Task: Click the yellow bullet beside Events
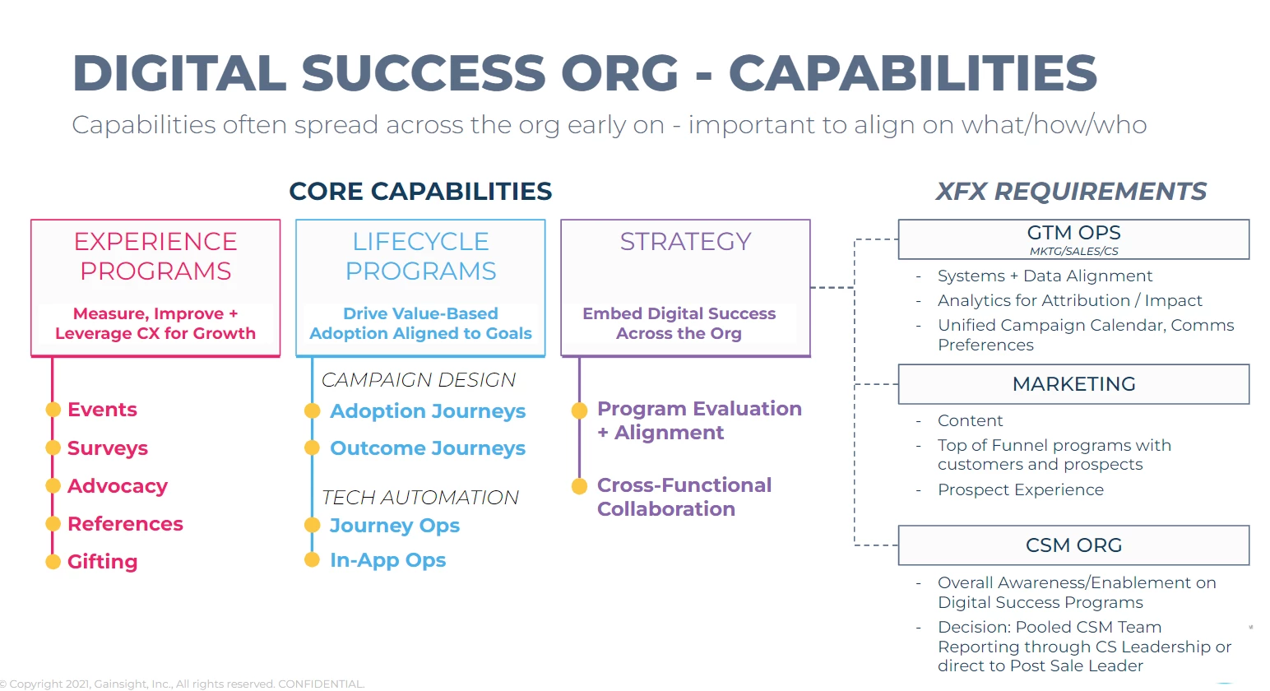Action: coord(53,410)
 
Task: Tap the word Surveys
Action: coord(107,448)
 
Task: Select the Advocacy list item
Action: coord(117,486)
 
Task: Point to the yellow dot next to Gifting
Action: coord(53,562)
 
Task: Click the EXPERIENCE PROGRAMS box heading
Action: coord(155,256)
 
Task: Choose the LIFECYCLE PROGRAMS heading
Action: coord(420,256)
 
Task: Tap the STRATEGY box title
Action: coord(685,241)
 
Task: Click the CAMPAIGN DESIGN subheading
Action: coord(418,380)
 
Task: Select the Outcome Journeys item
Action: coord(427,448)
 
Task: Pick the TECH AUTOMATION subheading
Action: coord(419,498)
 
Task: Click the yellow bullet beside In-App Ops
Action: coord(312,560)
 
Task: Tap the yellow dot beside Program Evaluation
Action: coord(579,410)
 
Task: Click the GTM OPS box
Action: coord(1073,239)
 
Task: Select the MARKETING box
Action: coord(1073,384)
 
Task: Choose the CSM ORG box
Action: coord(1073,545)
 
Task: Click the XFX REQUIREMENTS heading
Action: coord(1071,192)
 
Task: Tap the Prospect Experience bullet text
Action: coord(1020,490)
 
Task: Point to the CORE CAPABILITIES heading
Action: coord(420,192)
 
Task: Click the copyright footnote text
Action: coord(183,684)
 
